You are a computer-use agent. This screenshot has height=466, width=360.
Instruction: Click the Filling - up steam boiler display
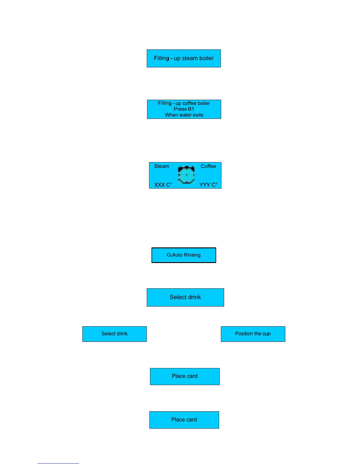click(x=184, y=58)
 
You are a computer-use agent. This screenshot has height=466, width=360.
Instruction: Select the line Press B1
click(x=184, y=109)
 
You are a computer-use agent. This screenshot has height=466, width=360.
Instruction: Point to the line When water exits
click(x=184, y=115)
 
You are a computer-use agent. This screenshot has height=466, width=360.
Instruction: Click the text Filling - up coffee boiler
click(x=184, y=103)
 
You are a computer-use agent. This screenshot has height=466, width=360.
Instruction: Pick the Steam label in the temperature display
click(x=161, y=166)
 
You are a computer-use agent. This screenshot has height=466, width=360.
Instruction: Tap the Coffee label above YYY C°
click(x=208, y=166)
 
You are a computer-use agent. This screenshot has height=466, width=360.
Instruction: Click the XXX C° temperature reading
click(x=163, y=185)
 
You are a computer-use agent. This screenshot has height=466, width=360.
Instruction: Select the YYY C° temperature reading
click(x=208, y=185)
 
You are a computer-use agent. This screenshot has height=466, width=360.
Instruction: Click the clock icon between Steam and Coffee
click(x=186, y=175)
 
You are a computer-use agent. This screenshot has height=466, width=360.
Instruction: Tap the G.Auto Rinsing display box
click(x=184, y=255)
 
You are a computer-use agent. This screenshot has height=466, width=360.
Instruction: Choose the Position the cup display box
click(x=253, y=334)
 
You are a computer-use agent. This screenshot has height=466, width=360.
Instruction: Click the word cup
click(x=266, y=334)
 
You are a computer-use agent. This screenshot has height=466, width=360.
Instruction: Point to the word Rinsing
click(x=192, y=255)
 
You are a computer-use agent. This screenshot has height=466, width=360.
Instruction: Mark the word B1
click(x=191, y=109)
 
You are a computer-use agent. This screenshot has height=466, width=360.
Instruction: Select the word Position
click(x=244, y=334)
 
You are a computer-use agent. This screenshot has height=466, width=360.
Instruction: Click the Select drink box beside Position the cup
click(x=114, y=334)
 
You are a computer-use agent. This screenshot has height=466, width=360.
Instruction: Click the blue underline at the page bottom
click(x=58, y=463)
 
